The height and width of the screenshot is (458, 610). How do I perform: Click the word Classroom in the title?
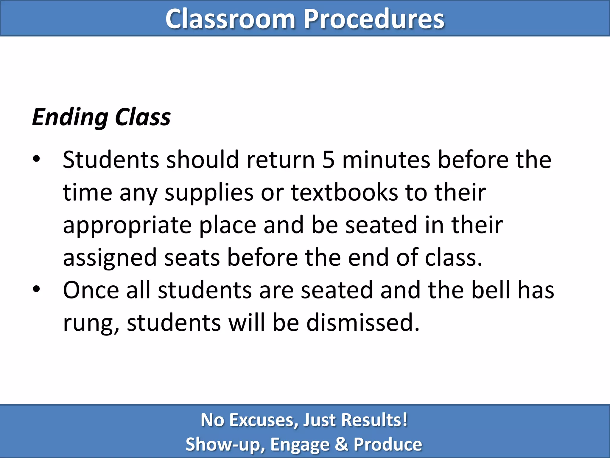click(230, 19)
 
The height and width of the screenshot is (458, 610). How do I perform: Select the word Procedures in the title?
click(374, 19)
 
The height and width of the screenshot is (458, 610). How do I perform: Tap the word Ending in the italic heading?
click(70, 117)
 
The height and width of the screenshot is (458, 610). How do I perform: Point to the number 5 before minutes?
click(329, 160)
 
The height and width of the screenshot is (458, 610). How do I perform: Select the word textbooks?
click(344, 192)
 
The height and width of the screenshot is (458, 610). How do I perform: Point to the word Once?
click(91, 290)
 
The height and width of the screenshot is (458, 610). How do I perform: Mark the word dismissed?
click(363, 323)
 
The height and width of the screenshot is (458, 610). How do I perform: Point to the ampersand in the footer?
click(341, 444)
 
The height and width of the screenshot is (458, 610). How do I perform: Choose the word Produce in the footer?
click(388, 444)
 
